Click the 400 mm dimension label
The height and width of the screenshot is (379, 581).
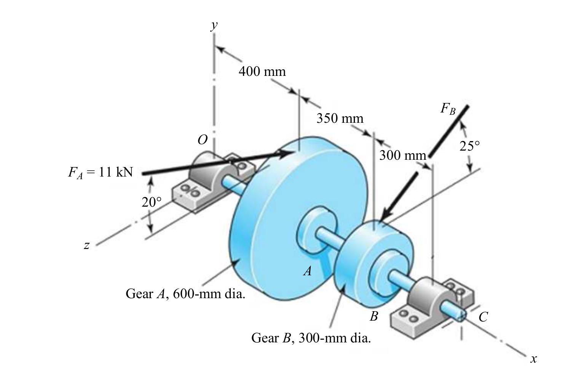tap(262, 71)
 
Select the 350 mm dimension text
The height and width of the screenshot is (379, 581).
tap(340, 118)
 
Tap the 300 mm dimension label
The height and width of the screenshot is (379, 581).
tap(403, 155)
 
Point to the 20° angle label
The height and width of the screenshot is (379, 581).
tap(152, 202)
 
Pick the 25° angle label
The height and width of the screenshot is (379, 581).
tap(469, 146)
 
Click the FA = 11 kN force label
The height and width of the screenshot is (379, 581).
tap(101, 172)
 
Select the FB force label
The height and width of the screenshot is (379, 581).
tap(448, 109)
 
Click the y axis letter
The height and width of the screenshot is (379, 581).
tap(214, 26)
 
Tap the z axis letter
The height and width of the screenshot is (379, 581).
tap(87, 245)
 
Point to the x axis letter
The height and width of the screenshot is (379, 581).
tap(533, 359)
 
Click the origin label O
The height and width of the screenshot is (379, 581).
tap(203, 140)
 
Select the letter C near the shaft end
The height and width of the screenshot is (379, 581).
tap(483, 316)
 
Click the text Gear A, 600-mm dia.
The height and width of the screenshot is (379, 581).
tap(185, 294)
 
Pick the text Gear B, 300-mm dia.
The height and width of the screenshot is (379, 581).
tap(311, 338)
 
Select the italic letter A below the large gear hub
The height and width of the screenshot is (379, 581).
tap(308, 271)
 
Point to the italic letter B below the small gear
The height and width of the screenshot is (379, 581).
tap(374, 316)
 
